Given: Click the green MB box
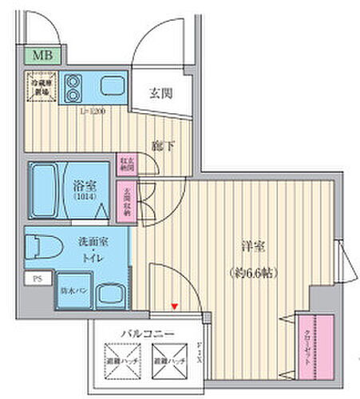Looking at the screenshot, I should [40, 56].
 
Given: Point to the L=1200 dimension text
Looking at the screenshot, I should [92, 111].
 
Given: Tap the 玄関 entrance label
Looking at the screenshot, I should [160, 93].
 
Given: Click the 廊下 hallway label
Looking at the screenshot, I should [160, 146].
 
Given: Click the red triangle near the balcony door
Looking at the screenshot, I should [174, 306].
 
